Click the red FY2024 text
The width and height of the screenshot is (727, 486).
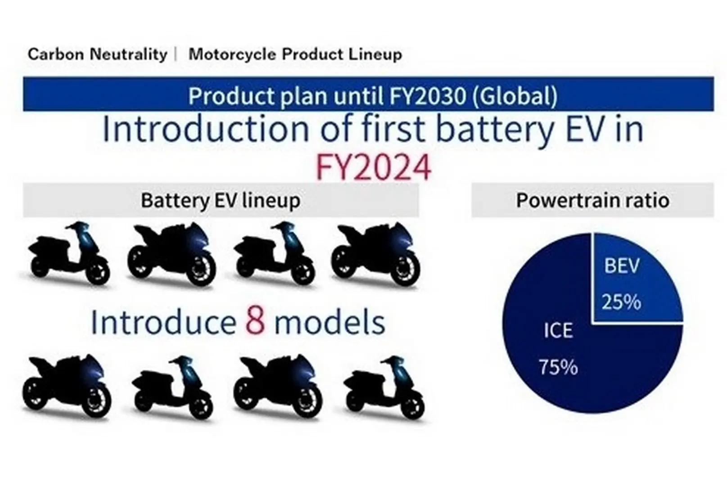373,168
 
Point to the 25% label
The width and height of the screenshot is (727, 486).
621,302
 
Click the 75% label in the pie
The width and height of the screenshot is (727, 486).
558,367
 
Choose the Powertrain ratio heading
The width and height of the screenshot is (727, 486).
593,200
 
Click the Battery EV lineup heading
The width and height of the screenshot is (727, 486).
221,201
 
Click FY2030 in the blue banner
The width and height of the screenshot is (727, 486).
428,96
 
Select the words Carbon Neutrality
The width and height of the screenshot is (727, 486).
97,54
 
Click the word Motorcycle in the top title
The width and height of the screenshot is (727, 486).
232,54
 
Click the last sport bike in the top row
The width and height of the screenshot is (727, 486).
375,255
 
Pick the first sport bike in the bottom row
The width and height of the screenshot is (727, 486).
67,386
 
